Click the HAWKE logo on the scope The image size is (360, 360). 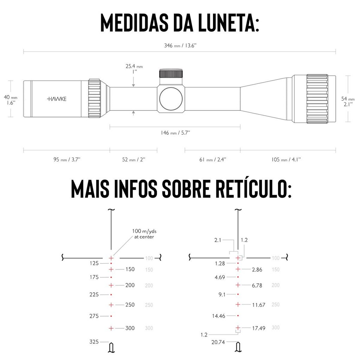click(x=56, y=99)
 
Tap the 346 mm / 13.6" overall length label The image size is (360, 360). click(x=179, y=46)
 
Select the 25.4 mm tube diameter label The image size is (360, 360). click(x=134, y=69)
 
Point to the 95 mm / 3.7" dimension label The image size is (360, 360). click(x=67, y=160)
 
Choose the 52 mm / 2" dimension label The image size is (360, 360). click(x=134, y=160)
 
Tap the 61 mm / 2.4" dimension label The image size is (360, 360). click(x=213, y=160)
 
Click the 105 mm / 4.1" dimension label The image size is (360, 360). click(x=286, y=160)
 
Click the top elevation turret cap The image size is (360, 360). click(x=171, y=73)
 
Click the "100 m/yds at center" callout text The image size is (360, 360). click(x=143, y=234)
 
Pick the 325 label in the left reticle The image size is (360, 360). click(x=94, y=341)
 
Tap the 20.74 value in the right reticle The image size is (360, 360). click(x=218, y=342)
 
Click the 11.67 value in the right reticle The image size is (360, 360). click(x=259, y=305)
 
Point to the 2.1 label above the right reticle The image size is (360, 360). click(x=218, y=240)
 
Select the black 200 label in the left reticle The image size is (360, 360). click(x=130, y=285)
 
